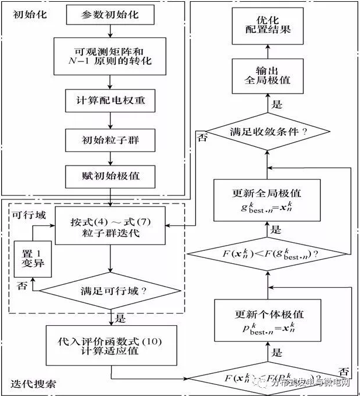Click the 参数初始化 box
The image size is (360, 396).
click(110, 15)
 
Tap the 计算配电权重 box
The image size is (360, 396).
click(110, 101)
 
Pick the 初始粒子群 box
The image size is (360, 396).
click(110, 140)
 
